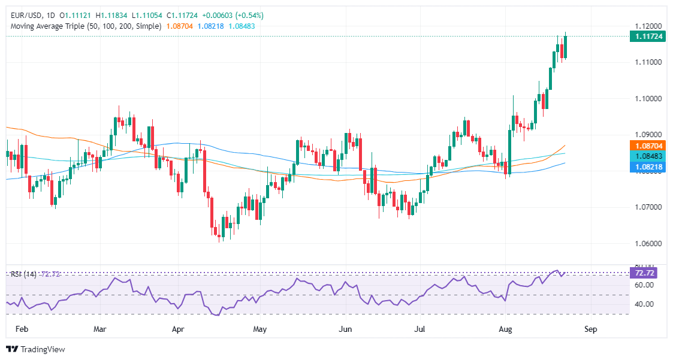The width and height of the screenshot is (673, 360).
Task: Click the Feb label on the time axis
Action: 21,329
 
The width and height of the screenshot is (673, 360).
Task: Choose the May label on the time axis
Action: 259,329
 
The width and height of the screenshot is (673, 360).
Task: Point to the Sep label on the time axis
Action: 590,329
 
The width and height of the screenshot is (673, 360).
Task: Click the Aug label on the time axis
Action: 506,329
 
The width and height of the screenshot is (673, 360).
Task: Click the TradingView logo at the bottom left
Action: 35,349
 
